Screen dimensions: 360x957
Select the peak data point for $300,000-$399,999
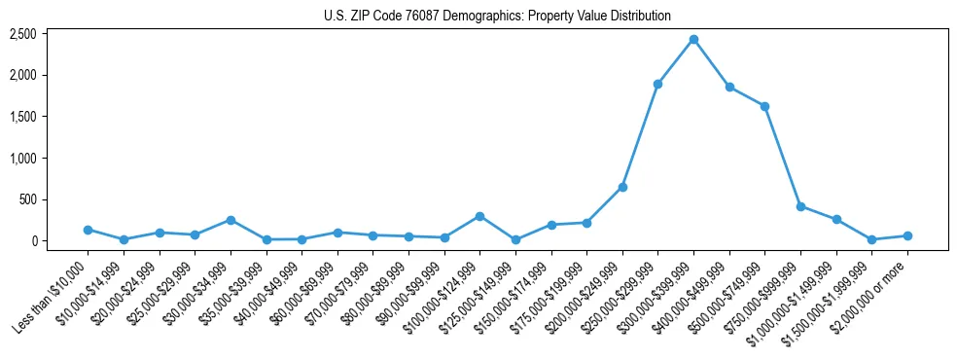pyautogui.click(x=693, y=39)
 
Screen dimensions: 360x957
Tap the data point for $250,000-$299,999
pyautogui.click(x=657, y=84)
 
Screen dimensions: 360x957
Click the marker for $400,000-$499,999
pyautogui.click(x=729, y=87)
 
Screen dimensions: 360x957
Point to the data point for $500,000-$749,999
pyautogui.click(x=764, y=106)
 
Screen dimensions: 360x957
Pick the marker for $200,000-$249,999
pyautogui.click(x=622, y=187)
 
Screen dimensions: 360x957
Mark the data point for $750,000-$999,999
pyautogui.click(x=800, y=206)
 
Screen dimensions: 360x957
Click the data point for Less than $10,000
pyautogui.click(x=88, y=230)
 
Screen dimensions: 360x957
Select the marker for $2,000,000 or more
pyautogui.click(x=907, y=235)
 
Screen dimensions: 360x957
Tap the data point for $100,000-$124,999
pyautogui.click(x=479, y=216)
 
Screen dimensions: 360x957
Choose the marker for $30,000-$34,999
pyautogui.click(x=230, y=220)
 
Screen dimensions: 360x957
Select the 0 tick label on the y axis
pyautogui.click(x=34, y=240)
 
